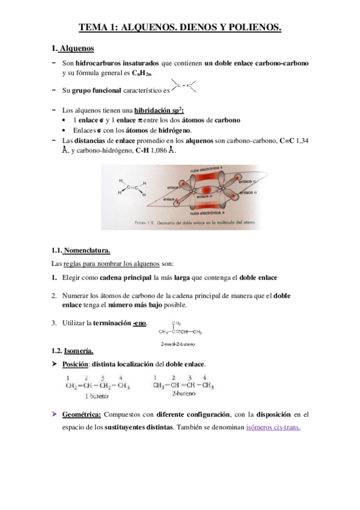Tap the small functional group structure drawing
pyautogui.click(x=184, y=87)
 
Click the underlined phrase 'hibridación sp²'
pyautogui.click(x=159, y=110)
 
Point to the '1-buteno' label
pyautogui.click(x=96, y=396)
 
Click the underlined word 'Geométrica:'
pyautogui.click(x=82, y=414)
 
